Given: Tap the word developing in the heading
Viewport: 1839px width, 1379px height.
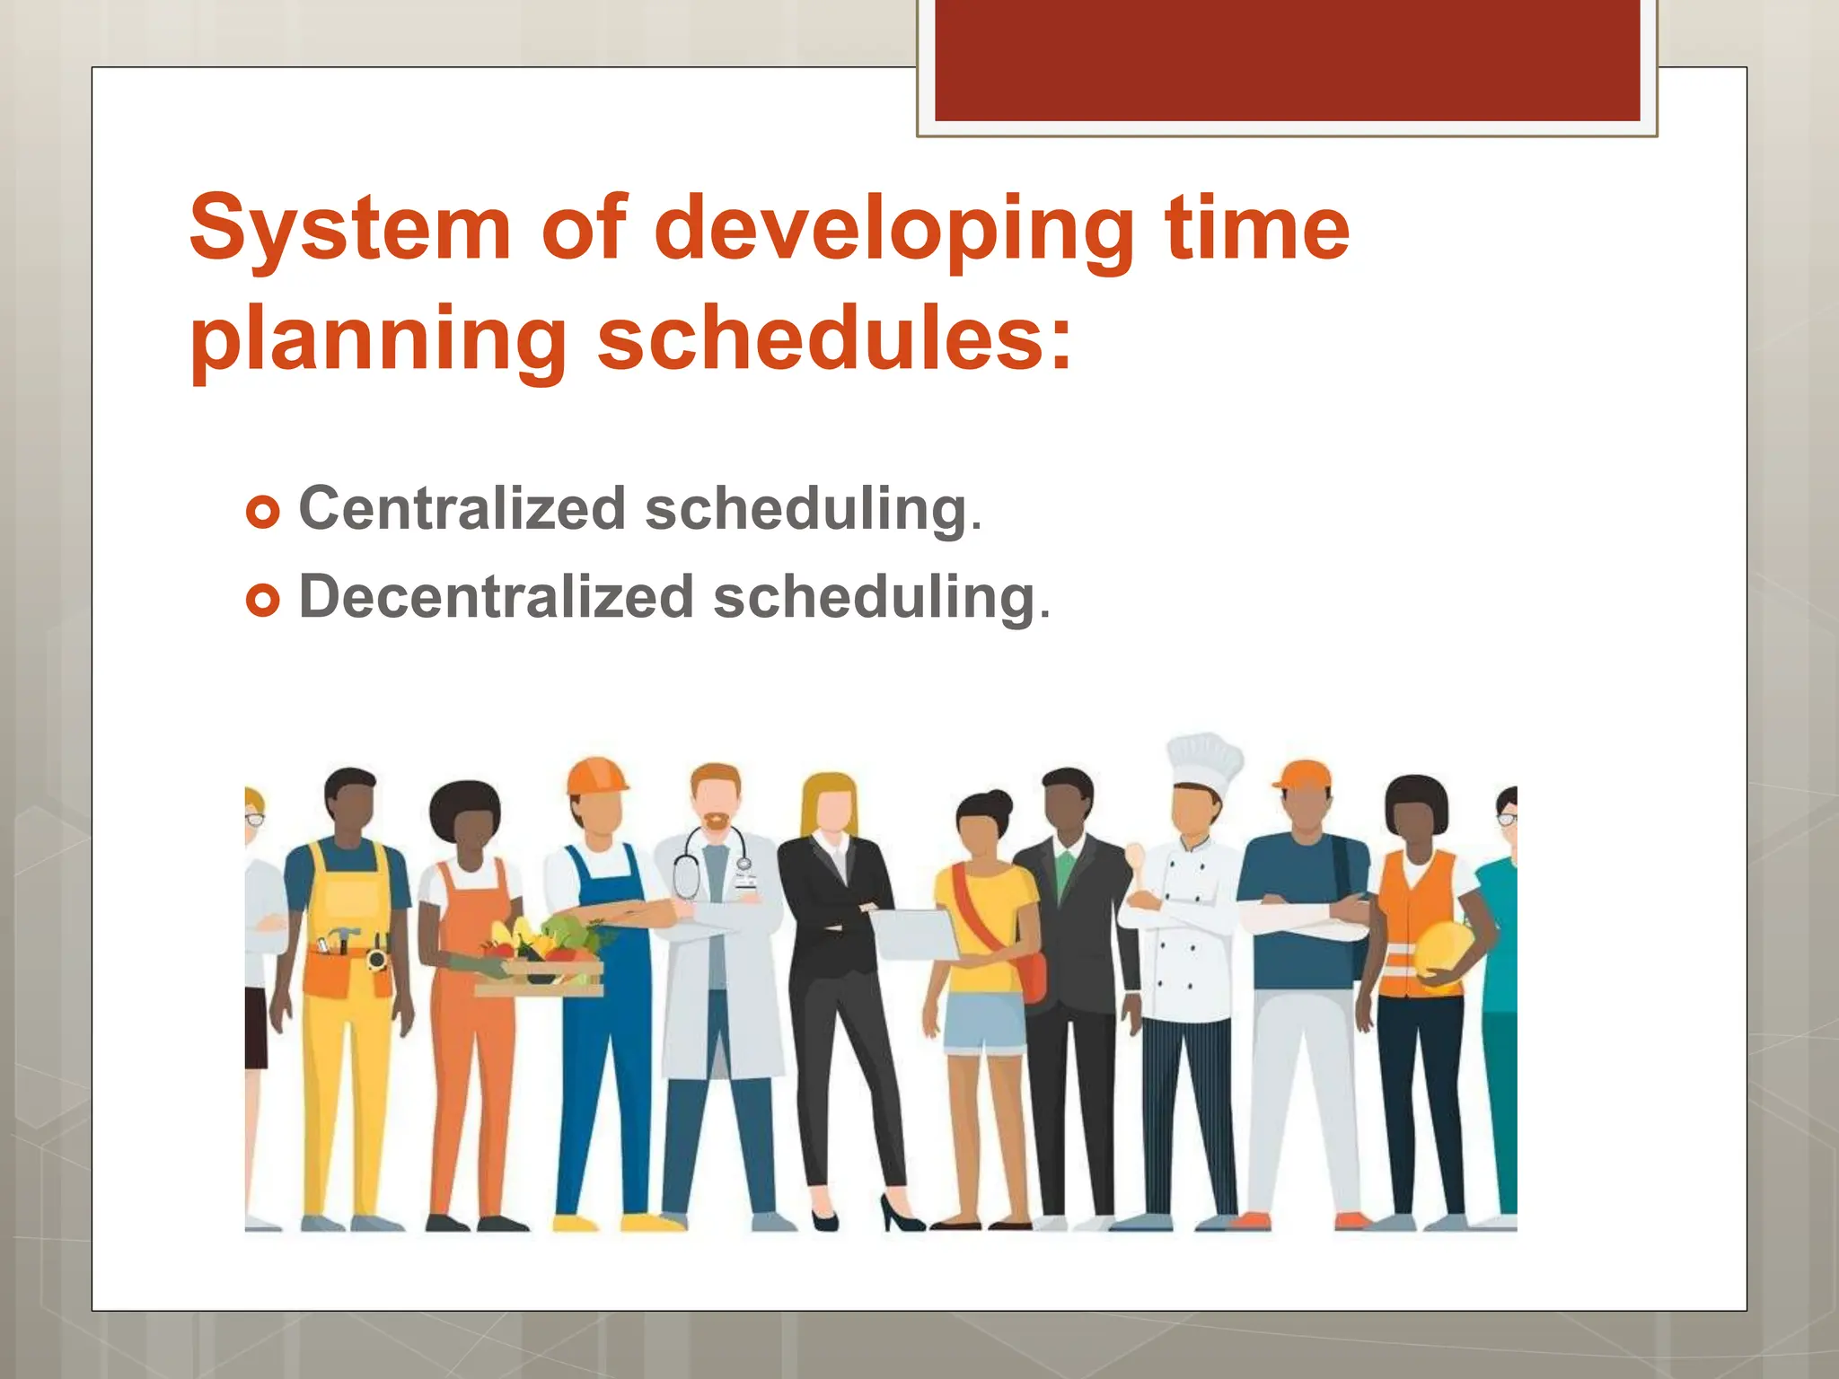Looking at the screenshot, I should click(894, 232).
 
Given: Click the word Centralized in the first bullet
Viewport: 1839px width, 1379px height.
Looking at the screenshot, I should click(462, 509).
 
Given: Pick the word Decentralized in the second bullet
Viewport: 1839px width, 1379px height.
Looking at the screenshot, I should click(496, 597).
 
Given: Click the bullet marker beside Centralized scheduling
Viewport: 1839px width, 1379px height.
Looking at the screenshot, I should click(262, 513).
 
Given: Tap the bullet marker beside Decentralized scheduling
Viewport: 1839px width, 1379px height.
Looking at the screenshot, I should click(262, 601).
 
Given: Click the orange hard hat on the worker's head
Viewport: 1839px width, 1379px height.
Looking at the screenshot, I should click(596, 776).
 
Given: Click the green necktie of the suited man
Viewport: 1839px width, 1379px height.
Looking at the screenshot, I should click(1065, 870).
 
